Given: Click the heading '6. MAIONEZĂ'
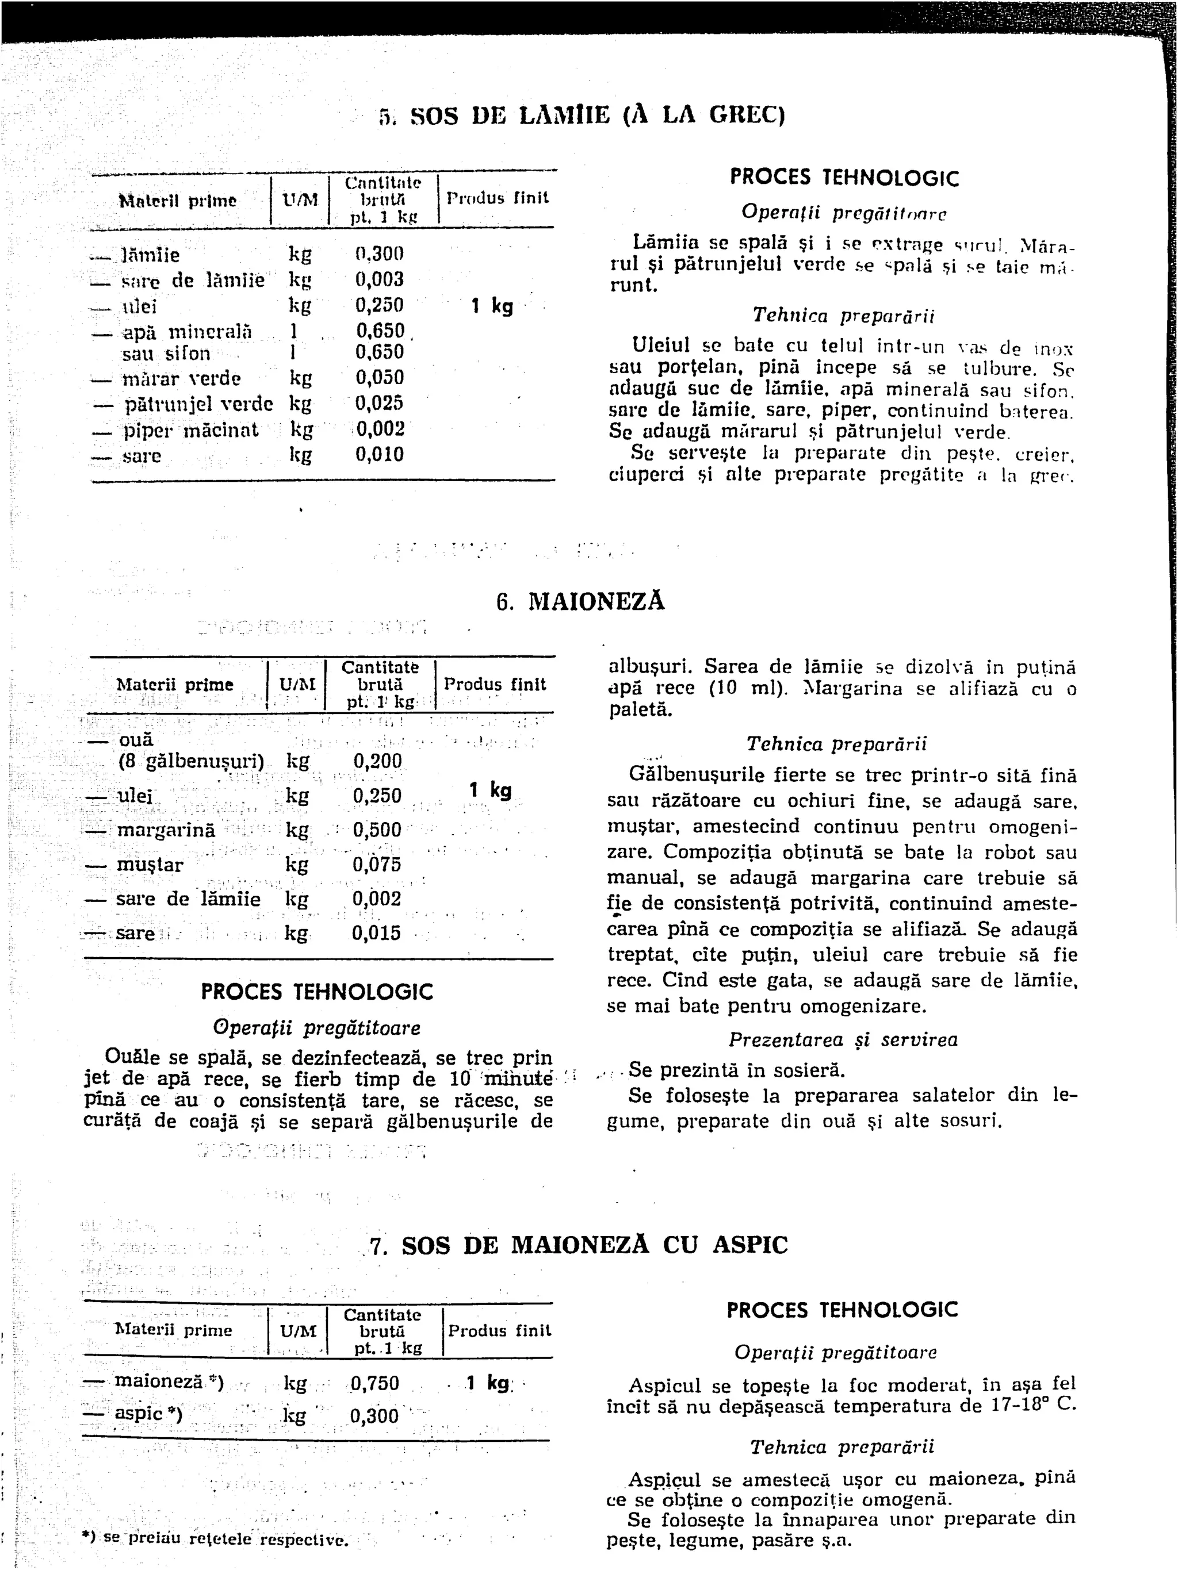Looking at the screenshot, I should pyautogui.click(x=580, y=602).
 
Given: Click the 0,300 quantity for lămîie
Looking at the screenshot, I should pyautogui.click(x=379, y=254).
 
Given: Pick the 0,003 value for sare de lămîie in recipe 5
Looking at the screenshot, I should pyautogui.click(x=379, y=279).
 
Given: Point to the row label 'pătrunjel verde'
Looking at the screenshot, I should pyautogui.click(x=199, y=404).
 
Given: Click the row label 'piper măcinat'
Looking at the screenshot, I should pyautogui.click(x=191, y=430).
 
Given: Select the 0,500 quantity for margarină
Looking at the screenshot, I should pyautogui.click(x=377, y=830).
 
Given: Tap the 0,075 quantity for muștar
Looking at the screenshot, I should pyautogui.click(x=377, y=865).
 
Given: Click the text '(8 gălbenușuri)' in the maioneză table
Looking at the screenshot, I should pyautogui.click(x=191, y=762).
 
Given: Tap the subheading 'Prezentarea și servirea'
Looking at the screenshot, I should pyautogui.click(x=843, y=1040).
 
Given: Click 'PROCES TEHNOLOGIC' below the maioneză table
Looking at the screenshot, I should pyautogui.click(x=317, y=992).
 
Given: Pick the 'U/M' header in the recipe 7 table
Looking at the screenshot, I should pyautogui.click(x=298, y=1331).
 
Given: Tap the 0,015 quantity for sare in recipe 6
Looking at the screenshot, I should pyautogui.click(x=376, y=932).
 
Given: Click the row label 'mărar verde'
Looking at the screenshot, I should pyautogui.click(x=182, y=378).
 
